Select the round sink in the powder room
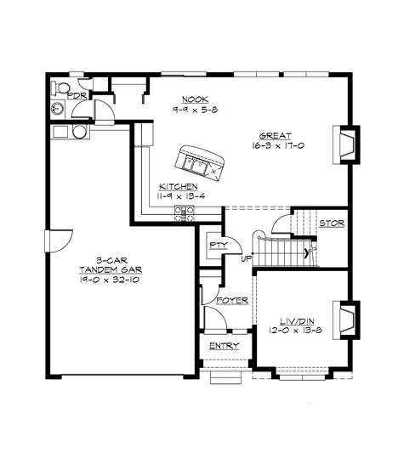pyautogui.click(x=57, y=109)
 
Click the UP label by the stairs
pyautogui.click(x=247, y=258)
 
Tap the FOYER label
pyautogui.click(x=231, y=302)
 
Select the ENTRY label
pyautogui.click(x=225, y=346)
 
